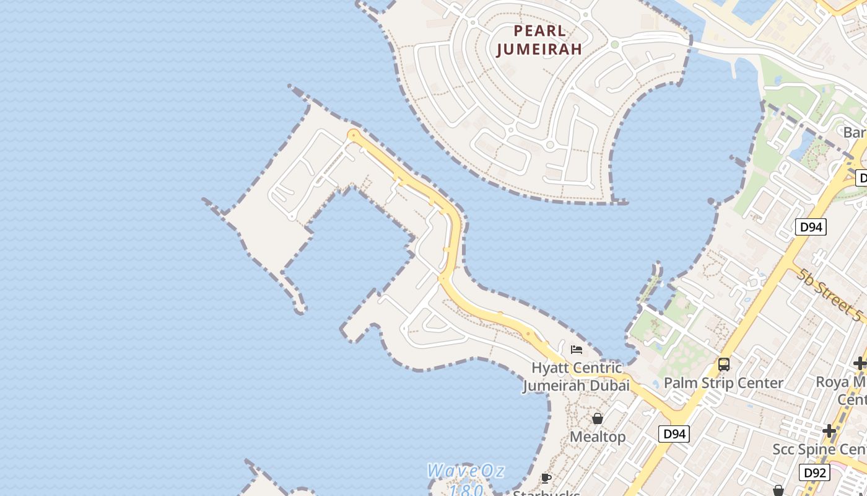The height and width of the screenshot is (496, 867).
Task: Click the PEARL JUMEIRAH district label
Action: (539, 40)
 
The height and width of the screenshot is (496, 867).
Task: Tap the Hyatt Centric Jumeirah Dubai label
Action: (576, 376)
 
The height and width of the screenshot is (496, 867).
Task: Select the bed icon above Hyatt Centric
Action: (577, 350)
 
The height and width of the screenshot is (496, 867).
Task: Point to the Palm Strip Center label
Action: (723, 383)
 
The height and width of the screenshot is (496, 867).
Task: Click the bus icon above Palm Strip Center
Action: (723, 364)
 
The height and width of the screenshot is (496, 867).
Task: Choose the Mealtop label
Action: (598, 436)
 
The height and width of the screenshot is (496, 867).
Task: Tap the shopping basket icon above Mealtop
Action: (598, 418)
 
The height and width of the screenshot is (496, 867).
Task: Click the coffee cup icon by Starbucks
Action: (546, 477)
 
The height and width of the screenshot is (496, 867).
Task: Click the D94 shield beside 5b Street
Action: (811, 227)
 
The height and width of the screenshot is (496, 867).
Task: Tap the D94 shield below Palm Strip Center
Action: (674, 434)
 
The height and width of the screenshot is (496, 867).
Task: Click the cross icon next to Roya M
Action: (860, 363)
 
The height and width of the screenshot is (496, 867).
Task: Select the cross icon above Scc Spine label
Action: (829, 431)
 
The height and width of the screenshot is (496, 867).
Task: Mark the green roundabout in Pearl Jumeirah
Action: (614, 45)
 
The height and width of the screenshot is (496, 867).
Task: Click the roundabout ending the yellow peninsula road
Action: (354, 135)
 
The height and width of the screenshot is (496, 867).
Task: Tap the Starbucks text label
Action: (546, 493)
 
